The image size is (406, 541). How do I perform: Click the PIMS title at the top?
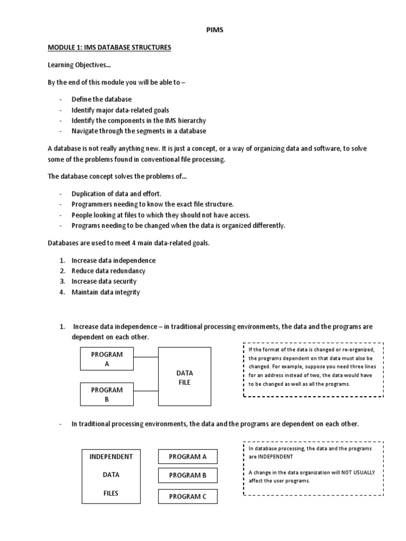214,30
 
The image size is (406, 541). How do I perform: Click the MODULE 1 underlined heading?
109,48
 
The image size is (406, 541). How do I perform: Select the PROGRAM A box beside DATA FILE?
107,359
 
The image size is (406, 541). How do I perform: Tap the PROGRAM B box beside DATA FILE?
107,395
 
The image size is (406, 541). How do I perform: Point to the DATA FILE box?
184,376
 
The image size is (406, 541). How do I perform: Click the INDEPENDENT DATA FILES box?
111,475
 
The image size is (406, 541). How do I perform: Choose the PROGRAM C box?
188,497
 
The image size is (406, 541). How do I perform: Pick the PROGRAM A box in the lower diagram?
188,456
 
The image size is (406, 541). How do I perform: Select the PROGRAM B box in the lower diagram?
188,475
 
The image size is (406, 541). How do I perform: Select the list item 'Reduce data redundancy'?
108,271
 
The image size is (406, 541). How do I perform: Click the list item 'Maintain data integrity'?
106,292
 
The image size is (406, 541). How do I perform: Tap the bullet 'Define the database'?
102,99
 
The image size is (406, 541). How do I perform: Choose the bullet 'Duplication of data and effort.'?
116,194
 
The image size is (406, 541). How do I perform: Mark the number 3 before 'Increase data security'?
62,282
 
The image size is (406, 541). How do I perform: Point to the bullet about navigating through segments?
139,131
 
